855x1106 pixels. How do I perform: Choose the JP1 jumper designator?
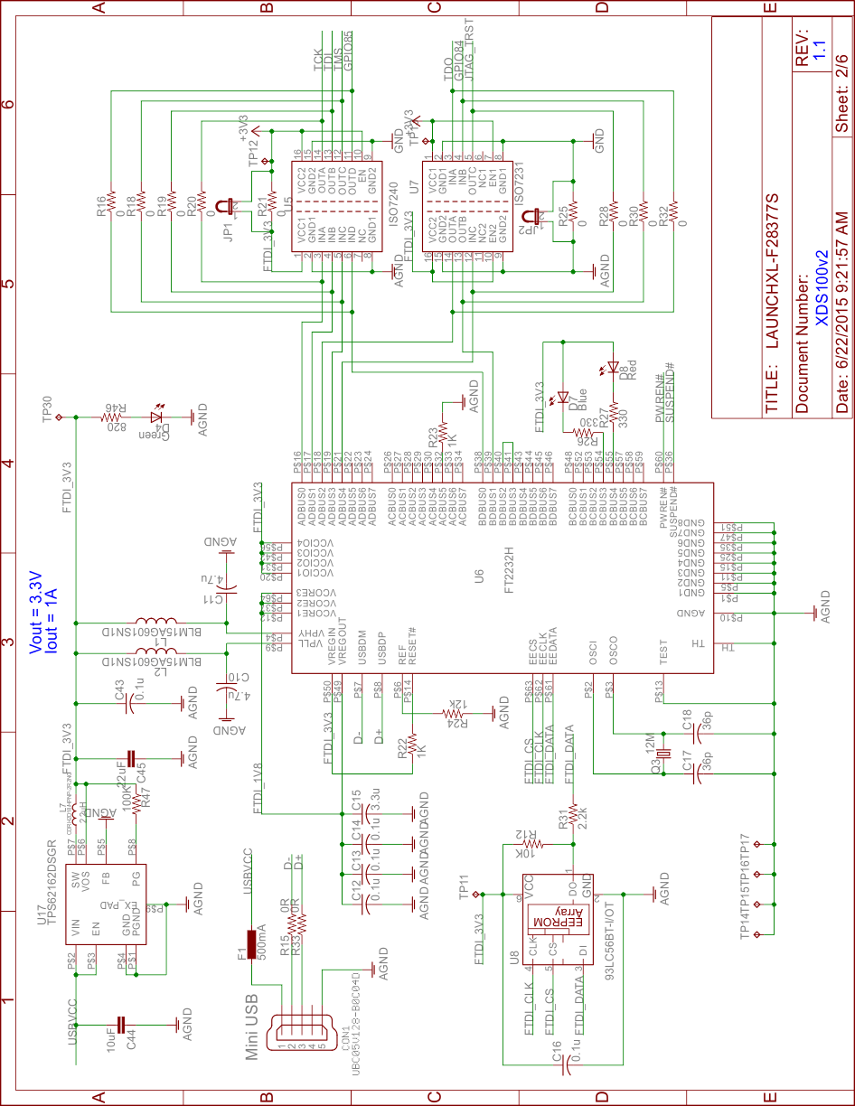point(228,232)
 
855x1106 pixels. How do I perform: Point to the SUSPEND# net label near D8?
point(670,393)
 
